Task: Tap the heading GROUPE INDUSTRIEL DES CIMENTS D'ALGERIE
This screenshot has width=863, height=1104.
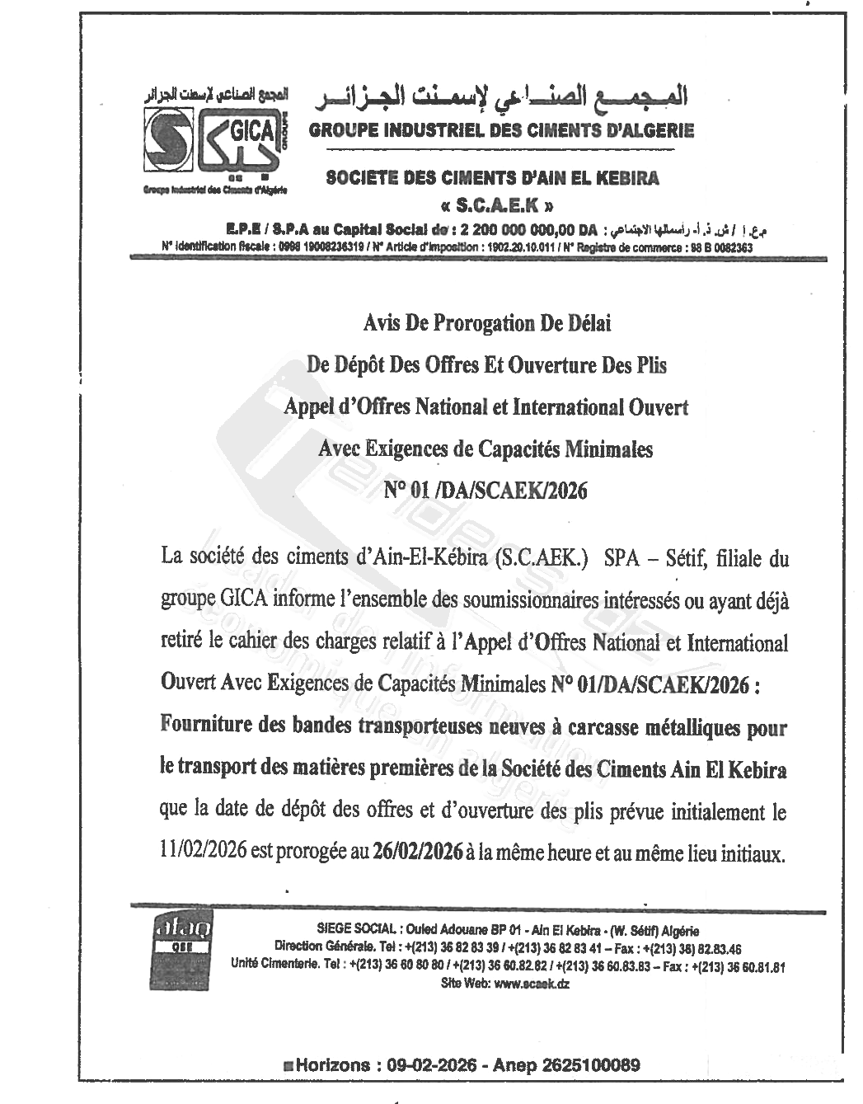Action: click(501, 130)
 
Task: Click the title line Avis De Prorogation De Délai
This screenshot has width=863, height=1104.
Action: click(487, 323)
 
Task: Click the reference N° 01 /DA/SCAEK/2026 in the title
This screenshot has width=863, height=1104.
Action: click(486, 491)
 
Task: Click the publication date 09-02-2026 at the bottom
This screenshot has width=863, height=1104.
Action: click(432, 1064)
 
